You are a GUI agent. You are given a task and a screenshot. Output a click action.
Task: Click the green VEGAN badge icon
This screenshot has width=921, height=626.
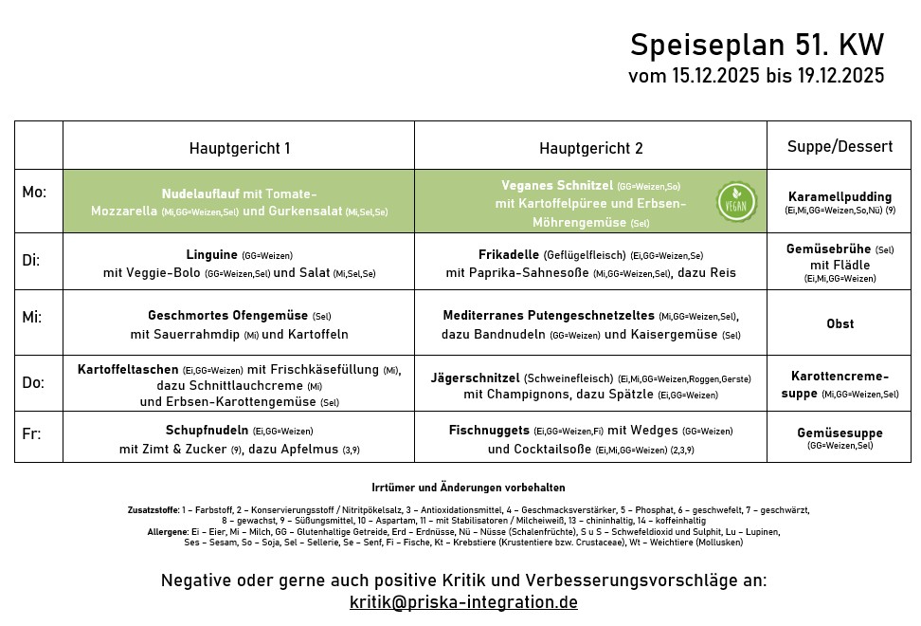click(x=736, y=201)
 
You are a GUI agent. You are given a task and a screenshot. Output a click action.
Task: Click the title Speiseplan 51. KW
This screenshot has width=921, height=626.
click(x=756, y=46)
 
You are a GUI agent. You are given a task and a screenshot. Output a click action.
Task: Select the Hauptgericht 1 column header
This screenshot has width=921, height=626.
click(x=239, y=148)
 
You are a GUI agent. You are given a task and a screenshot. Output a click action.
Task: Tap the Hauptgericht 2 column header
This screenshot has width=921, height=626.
click(x=590, y=148)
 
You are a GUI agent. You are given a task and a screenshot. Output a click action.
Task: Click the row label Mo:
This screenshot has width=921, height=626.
click(x=34, y=193)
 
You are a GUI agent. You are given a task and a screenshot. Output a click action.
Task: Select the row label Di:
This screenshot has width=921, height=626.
click(x=31, y=259)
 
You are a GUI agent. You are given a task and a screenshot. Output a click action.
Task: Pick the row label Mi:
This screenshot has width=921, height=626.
click(x=31, y=321)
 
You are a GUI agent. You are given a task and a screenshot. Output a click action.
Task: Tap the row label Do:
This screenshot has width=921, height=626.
click(x=33, y=382)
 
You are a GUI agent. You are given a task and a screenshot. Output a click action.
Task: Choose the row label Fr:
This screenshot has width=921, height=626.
click(x=31, y=433)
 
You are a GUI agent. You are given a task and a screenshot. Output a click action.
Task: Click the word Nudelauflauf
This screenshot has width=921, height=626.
click(x=200, y=193)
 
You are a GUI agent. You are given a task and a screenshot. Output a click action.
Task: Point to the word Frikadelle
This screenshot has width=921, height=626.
click(x=509, y=254)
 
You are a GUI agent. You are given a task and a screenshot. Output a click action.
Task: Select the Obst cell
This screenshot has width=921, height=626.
click(x=840, y=323)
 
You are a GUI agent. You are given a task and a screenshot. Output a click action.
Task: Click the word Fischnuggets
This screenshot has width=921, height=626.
click(x=489, y=430)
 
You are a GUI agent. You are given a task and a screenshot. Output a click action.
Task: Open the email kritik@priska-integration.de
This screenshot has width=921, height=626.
click(x=463, y=602)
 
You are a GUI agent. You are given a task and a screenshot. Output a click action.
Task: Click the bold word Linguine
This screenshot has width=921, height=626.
click(x=212, y=254)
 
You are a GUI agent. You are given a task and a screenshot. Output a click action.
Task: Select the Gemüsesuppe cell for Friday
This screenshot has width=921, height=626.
click(x=840, y=433)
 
